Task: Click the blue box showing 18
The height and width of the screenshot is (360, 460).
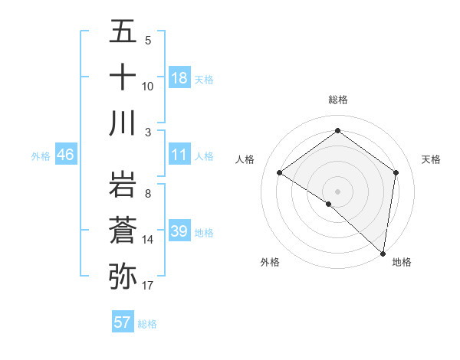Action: (x=179, y=77)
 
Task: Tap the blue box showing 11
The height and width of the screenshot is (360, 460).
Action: (x=179, y=155)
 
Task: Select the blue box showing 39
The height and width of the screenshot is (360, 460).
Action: (x=179, y=231)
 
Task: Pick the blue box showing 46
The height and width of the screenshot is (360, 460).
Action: (x=66, y=155)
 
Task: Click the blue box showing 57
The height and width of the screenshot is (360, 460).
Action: (x=123, y=322)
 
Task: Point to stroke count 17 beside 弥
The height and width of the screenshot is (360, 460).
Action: (x=147, y=286)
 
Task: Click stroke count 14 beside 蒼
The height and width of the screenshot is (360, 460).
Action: (x=147, y=240)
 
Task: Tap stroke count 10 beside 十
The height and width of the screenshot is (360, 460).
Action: (x=147, y=86)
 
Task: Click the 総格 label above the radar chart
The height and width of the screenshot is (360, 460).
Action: (x=337, y=100)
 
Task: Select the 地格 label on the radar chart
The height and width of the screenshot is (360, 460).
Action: (x=402, y=262)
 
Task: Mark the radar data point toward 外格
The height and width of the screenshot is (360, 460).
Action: (x=328, y=204)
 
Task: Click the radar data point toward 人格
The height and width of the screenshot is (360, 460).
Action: (x=279, y=172)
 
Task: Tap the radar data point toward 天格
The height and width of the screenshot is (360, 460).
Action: (x=396, y=172)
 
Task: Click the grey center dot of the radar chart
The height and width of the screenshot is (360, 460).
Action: (x=337, y=190)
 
